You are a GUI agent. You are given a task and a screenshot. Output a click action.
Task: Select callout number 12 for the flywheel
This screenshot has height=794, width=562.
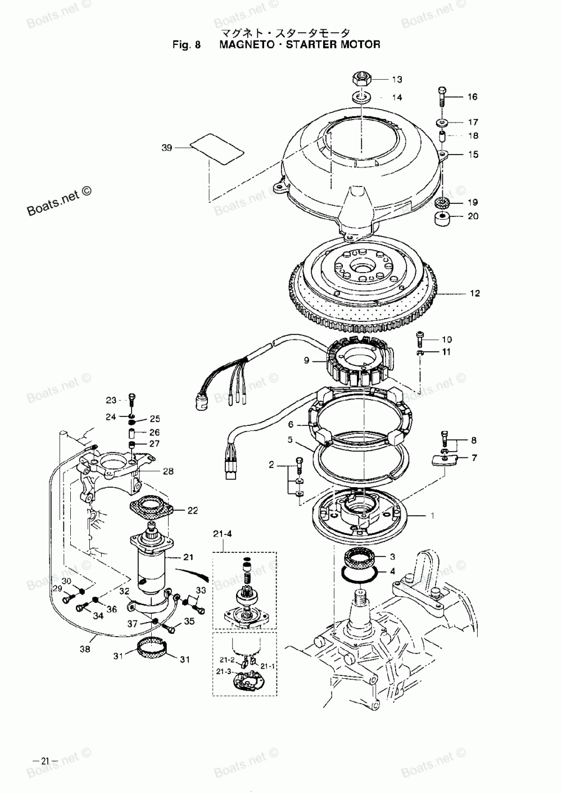475,293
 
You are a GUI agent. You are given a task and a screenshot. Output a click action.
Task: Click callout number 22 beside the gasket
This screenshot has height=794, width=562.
192,510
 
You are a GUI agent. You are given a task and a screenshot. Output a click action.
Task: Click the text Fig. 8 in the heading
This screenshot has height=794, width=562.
187,44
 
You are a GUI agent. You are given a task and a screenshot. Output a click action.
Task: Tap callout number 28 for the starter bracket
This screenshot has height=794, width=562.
168,471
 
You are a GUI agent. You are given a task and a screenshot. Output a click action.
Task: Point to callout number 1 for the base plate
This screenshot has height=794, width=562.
432,515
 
